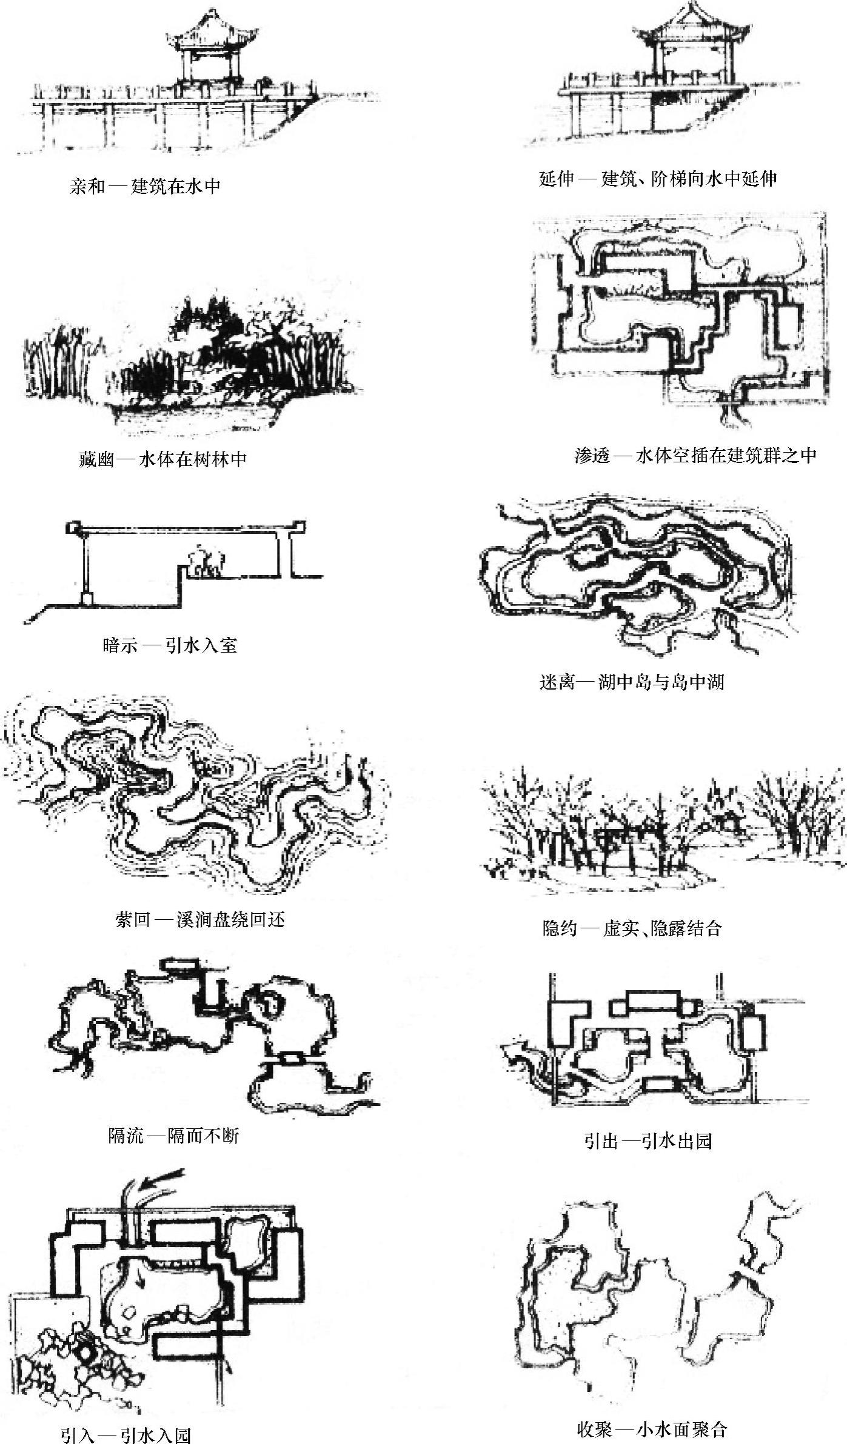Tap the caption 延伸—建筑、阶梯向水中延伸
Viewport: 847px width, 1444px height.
(658, 179)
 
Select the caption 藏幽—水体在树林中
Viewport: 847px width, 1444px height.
(163, 459)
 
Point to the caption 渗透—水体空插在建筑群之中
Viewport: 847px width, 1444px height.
(696, 456)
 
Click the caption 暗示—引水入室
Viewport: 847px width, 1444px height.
(170, 645)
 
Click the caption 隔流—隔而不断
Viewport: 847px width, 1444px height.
(174, 1135)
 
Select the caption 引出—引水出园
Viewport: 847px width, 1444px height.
(648, 1142)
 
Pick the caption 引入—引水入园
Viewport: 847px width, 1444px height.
(126, 1431)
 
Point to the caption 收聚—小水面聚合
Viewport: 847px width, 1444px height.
(652, 1425)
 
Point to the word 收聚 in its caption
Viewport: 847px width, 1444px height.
(594, 1425)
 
